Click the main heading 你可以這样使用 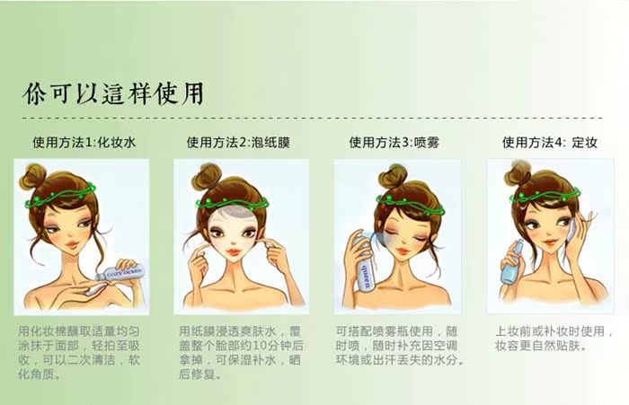pyautogui.click(x=113, y=93)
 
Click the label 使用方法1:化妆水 pyautogui.click(x=84, y=143)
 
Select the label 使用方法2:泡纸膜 pyautogui.click(x=238, y=143)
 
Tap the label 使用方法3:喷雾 pyautogui.click(x=394, y=143)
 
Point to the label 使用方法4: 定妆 pyautogui.click(x=550, y=143)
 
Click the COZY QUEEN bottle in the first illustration pyautogui.click(x=120, y=273)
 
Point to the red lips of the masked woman pyautogui.click(x=233, y=252)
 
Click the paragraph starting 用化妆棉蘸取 pyautogui.click(x=79, y=353)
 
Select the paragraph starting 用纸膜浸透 pyautogui.click(x=241, y=353)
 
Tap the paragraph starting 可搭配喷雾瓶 pyautogui.click(x=400, y=346)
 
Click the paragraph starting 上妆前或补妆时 pyautogui.click(x=554, y=339)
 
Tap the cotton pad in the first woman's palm pyautogui.click(x=95, y=288)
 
